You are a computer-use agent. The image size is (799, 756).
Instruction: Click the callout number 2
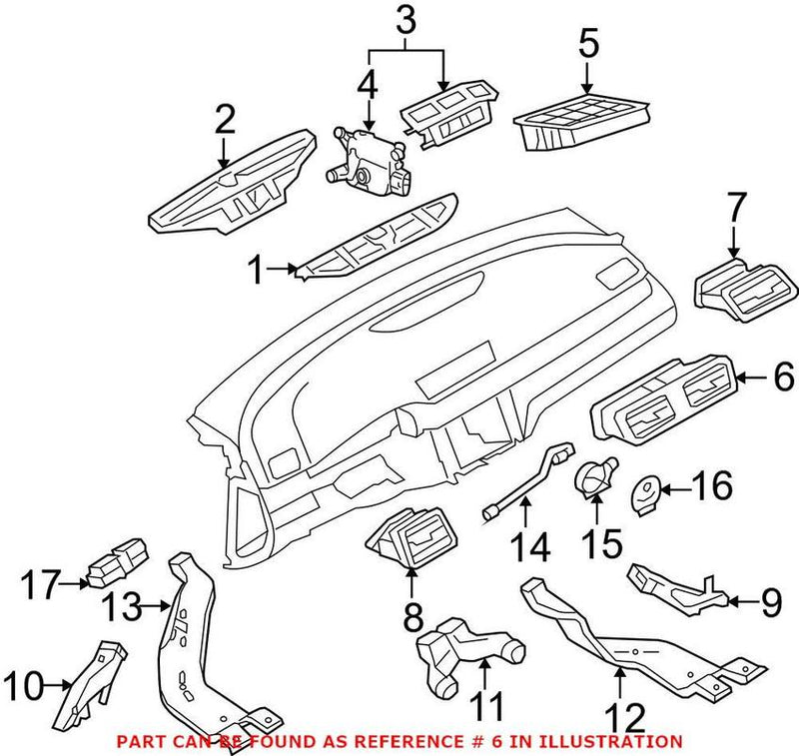(x=225, y=121)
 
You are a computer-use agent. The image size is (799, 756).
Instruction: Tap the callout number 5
(x=588, y=43)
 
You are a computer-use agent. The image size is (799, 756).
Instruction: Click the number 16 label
(x=713, y=488)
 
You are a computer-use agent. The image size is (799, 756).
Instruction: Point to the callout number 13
(x=126, y=605)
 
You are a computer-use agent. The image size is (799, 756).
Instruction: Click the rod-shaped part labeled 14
(x=527, y=481)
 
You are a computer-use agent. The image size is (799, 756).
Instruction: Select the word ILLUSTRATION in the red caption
(x=613, y=741)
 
